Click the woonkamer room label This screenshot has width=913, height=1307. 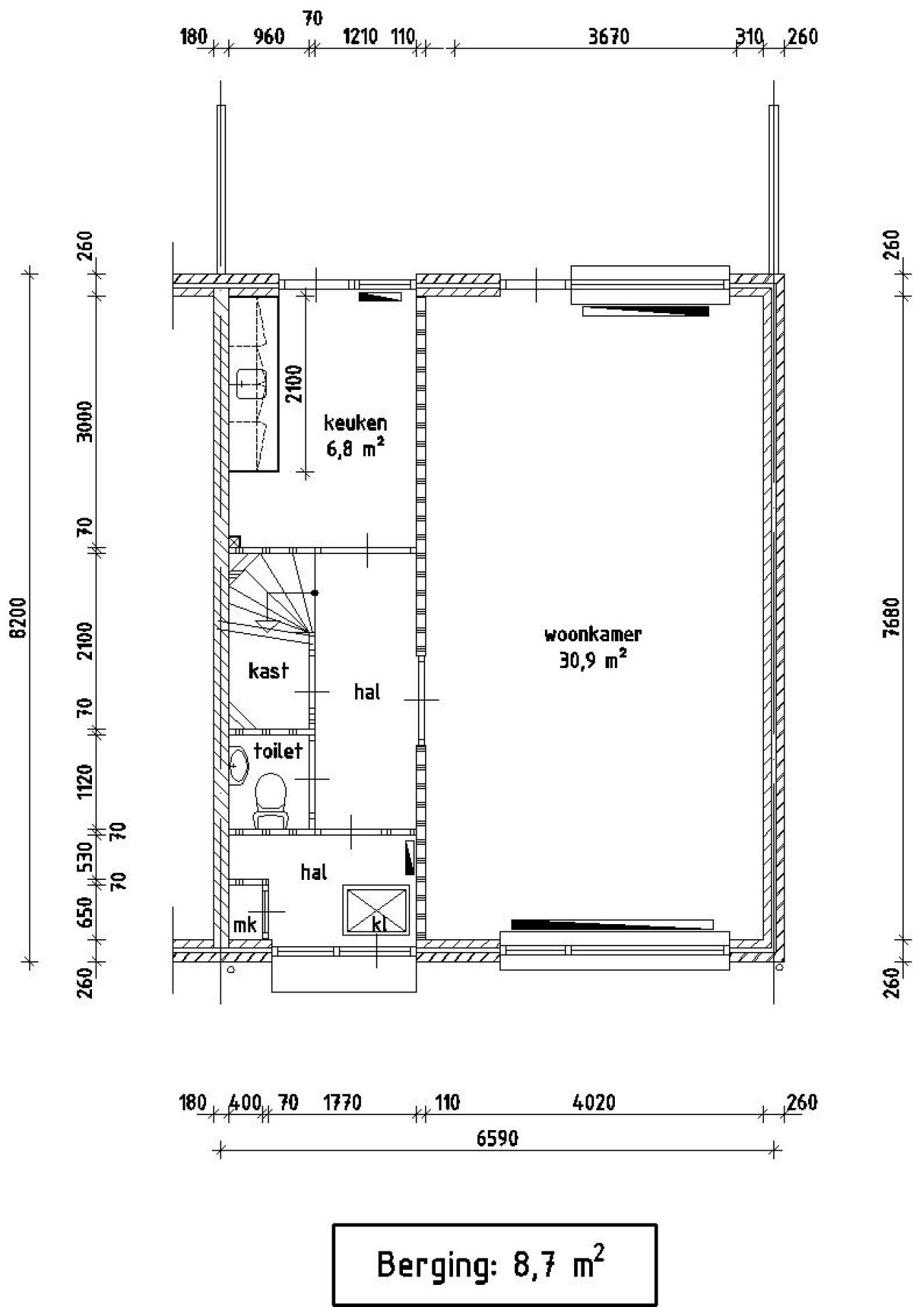593,634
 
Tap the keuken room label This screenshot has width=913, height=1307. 355,423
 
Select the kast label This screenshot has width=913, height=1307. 268,670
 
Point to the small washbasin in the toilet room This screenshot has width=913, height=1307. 238,765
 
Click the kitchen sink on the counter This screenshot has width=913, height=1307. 250,384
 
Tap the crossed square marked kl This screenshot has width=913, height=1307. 377,910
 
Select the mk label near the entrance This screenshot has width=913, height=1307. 245,926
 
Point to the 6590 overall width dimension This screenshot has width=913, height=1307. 497,1138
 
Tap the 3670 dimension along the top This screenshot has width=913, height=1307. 608,37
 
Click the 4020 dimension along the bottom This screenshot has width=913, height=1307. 594,1103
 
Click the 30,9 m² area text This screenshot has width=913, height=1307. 593,661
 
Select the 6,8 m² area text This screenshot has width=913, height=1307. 355,449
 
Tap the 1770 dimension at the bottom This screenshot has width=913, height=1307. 342,1103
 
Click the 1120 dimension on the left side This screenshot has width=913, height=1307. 85,781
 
